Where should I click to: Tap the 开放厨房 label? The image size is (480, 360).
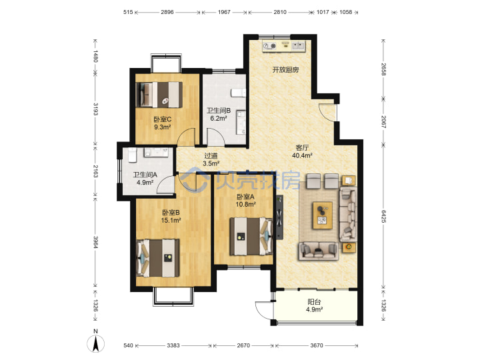click(285, 70)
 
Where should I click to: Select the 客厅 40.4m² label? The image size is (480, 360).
click(302, 151)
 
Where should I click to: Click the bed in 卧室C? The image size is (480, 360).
click(159, 95)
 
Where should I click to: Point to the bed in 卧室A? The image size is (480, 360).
click(251, 236)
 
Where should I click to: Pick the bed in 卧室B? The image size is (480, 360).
click(158, 258)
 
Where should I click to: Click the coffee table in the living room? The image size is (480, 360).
click(323, 215)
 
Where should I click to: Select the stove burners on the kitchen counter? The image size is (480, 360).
click(270, 46)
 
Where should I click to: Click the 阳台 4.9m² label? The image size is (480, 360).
click(314, 305)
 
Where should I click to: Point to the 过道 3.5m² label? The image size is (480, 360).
click(211, 160)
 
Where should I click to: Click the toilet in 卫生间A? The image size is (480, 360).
click(132, 155)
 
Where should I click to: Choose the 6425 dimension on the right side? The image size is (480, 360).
click(383, 216)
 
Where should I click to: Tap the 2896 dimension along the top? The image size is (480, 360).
click(167, 12)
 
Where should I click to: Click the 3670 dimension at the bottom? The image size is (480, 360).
click(317, 345)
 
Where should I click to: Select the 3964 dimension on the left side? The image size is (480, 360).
click(95, 242)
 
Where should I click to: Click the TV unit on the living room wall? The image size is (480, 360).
click(279, 217)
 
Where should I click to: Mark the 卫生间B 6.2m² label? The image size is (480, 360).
click(218, 115)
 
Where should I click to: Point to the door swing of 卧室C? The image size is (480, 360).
click(186, 137)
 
